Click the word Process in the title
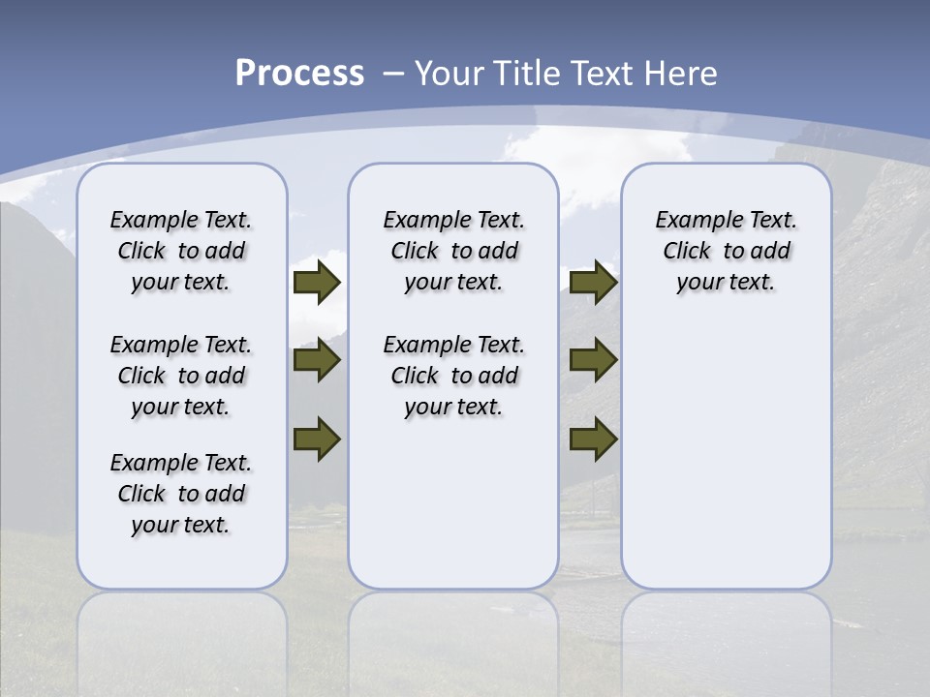point(299,74)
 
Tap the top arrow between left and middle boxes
point(317,282)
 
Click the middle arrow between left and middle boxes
point(317,360)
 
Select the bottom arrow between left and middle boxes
point(317,439)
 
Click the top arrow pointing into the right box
point(593,282)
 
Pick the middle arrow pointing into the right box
point(593,360)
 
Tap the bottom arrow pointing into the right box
point(593,439)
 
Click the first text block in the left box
point(181,251)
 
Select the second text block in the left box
point(181,376)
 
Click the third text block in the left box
point(181,494)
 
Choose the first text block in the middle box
point(453,251)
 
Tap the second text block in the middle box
point(453,376)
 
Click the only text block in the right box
point(726,251)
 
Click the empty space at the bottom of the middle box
point(453,513)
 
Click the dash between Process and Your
point(393,74)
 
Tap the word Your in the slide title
point(449,74)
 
